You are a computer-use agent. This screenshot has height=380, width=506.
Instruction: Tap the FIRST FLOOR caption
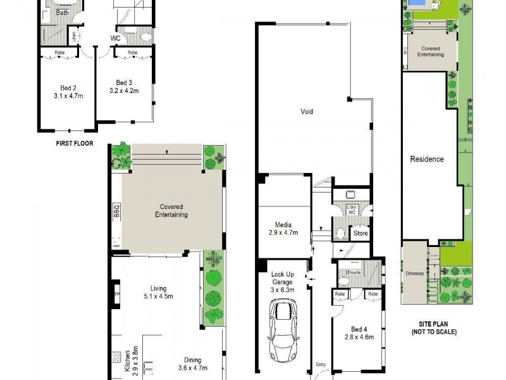pos(74,144)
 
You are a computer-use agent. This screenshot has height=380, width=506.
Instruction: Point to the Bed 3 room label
pos(123,83)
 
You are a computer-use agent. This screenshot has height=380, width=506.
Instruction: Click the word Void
pos(307,112)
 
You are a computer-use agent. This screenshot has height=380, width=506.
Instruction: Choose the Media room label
pos(283,225)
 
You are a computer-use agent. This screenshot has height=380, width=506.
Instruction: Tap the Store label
pos(360,234)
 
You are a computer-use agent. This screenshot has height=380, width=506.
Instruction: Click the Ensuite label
pos(354,272)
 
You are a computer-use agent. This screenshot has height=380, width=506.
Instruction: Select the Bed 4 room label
pos(358,329)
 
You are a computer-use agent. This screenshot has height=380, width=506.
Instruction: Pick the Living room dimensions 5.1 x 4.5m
pos(157,296)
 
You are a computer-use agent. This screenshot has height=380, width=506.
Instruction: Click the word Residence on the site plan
pos(427,159)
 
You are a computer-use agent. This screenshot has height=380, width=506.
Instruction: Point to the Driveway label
pos(414,274)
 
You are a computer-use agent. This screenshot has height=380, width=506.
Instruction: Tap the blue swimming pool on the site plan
pos(416,4)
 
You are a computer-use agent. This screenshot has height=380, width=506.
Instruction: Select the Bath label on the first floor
pos(63,13)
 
